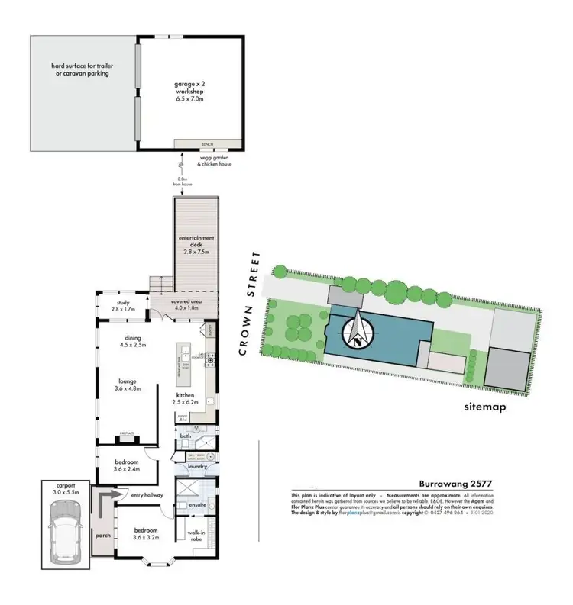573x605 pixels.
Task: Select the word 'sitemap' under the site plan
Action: click(485, 407)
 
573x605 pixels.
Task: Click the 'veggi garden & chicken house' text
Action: click(209, 162)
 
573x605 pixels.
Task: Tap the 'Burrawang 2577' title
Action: click(456, 483)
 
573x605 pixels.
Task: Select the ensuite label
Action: click(189, 504)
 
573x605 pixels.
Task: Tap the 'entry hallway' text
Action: click(147, 496)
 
